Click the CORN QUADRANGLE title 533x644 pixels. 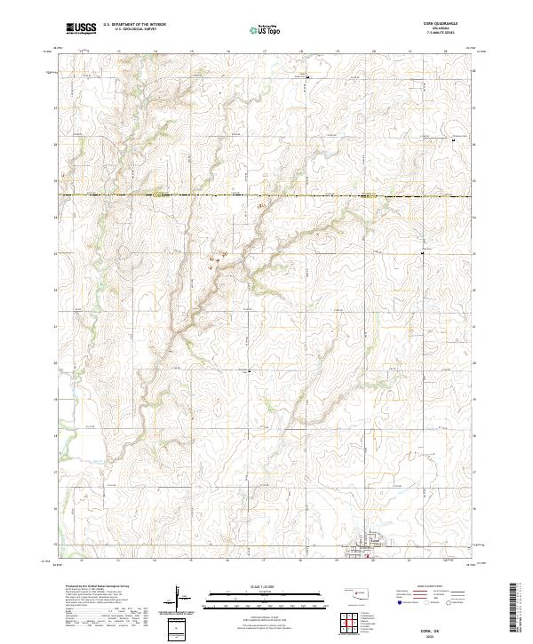click(447, 25)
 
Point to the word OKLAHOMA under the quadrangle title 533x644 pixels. click(447, 30)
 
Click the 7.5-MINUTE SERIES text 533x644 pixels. click(447, 35)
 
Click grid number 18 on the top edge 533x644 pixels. click(300, 52)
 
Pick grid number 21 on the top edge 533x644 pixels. click(410, 52)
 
